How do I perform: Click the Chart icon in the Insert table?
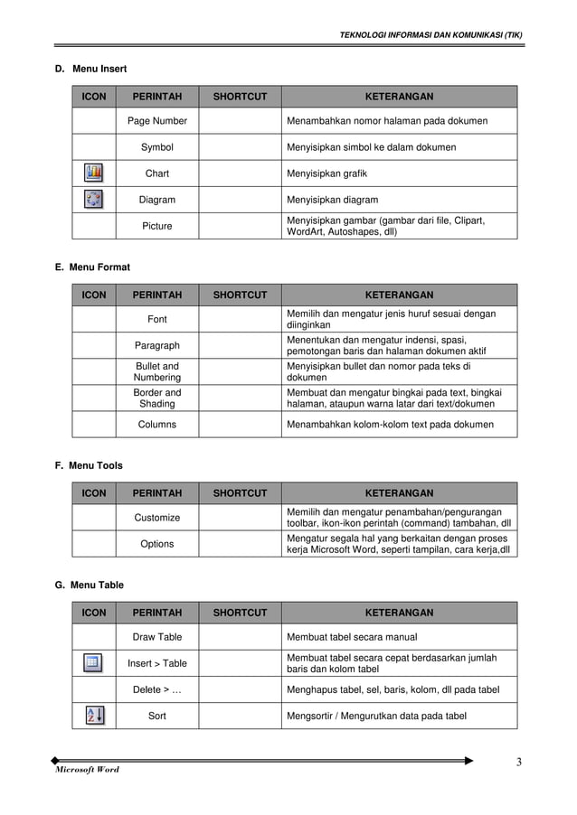click(94, 173)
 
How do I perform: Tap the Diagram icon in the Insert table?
click(94, 200)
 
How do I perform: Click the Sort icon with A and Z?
click(94, 716)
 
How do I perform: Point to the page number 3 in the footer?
click(519, 762)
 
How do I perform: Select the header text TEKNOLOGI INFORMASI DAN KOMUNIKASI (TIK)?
click(430, 35)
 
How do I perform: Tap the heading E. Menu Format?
click(92, 267)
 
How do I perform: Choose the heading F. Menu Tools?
click(89, 466)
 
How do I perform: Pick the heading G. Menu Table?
click(90, 585)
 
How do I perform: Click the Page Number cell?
click(157, 121)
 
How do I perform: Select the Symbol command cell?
click(157, 147)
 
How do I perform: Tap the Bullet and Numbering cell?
click(157, 371)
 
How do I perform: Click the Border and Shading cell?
click(157, 398)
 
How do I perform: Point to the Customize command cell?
click(157, 518)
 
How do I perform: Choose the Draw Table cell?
click(157, 637)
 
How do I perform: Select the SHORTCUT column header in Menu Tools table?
click(240, 493)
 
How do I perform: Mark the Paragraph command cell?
click(157, 345)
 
